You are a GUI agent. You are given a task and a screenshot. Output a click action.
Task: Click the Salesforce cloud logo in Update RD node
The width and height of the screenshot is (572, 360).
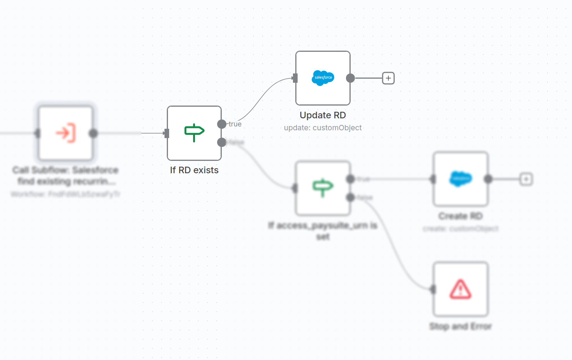coord(323,78)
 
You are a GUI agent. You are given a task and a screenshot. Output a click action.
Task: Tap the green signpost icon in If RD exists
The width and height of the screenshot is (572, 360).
coord(194,133)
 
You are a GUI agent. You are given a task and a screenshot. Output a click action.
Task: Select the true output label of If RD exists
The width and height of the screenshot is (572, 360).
coord(235,124)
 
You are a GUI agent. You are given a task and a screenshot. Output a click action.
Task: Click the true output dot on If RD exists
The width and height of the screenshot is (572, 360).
coord(222,124)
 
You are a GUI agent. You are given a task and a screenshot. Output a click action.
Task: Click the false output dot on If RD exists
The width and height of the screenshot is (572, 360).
coord(222,142)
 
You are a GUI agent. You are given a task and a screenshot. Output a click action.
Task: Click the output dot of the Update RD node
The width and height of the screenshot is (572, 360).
coord(350,78)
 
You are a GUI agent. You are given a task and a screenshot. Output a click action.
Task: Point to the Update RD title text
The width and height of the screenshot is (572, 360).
coord(323,115)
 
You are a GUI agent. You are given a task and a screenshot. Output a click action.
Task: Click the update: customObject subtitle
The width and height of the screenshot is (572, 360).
coord(323,128)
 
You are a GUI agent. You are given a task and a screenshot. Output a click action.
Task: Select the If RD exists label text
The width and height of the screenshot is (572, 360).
coord(194,170)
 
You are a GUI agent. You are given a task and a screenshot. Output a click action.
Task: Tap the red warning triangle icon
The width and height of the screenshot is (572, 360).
coord(461,289)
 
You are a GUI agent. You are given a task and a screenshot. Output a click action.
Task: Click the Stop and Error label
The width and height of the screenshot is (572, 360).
coord(461,326)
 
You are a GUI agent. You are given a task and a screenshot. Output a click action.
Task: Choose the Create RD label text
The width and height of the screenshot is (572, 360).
coord(461,216)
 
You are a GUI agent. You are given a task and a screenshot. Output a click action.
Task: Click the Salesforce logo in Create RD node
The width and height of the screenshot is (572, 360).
coord(461,179)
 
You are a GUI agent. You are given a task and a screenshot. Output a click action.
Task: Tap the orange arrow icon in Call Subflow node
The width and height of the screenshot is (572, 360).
coord(66,133)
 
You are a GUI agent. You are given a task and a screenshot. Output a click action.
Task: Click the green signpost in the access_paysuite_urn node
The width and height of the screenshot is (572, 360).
coord(323,188)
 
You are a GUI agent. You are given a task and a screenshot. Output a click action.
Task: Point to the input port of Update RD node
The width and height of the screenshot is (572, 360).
coord(295,78)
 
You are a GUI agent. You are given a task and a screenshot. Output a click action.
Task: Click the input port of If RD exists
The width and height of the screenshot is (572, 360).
coord(167,133)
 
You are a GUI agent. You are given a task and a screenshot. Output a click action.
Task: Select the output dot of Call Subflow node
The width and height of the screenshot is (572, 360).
coord(93,133)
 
